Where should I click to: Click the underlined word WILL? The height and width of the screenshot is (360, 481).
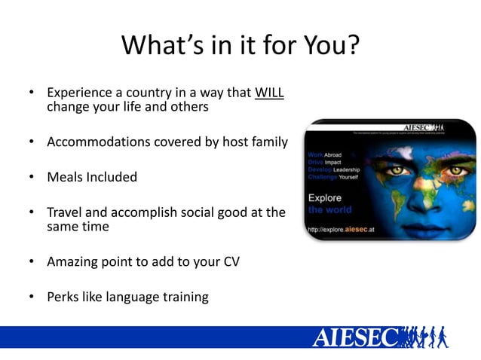[269, 93]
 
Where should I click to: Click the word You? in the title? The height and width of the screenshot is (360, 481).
[321, 47]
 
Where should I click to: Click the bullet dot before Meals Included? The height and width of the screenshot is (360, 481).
[32, 177]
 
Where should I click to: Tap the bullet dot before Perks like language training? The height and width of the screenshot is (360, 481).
[32, 297]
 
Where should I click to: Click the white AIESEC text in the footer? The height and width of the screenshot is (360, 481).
[354, 337]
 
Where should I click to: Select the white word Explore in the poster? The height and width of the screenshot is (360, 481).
[325, 198]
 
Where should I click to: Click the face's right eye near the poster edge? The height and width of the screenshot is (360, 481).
[452, 172]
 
